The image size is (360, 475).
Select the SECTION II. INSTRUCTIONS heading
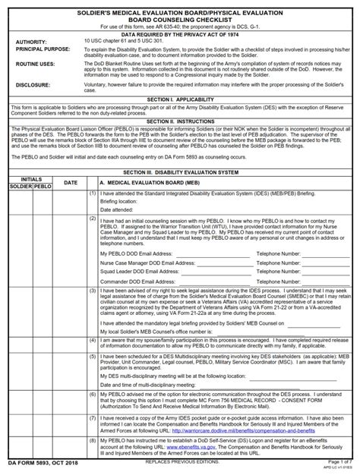(x=180, y=121)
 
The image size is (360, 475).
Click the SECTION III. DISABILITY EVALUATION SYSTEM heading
(x=180, y=172)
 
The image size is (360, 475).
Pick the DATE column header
(x=70, y=182)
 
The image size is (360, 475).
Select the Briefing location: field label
(x=121, y=201)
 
